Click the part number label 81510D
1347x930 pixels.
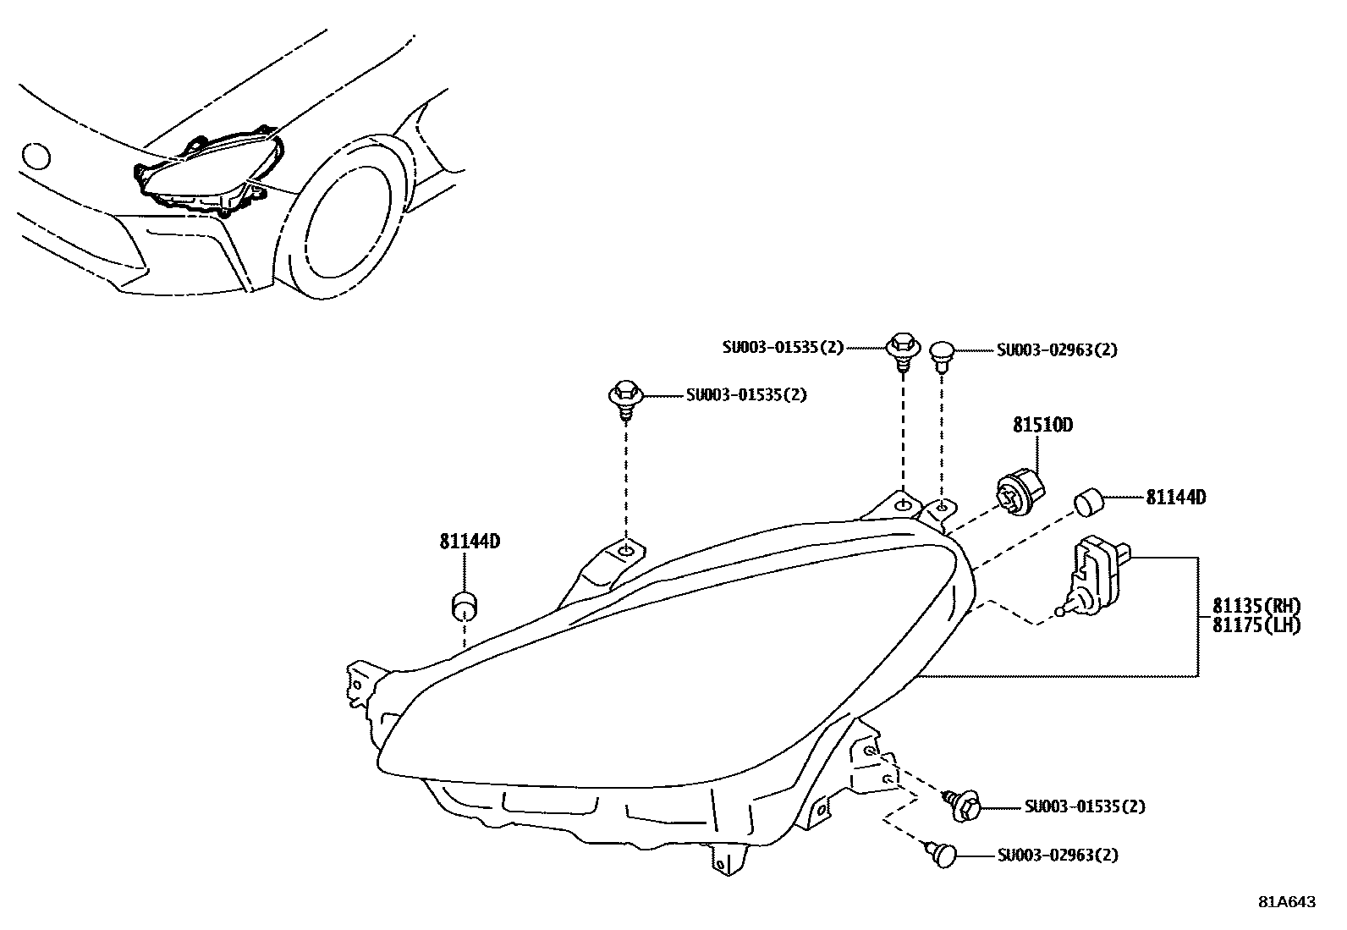pos(1042,426)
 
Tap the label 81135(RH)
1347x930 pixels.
pos(1255,606)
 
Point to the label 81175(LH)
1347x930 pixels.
pos(1255,625)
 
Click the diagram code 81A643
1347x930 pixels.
pos(1287,902)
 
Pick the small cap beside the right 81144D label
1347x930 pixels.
pos(1091,502)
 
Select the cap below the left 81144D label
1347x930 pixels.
pos(464,605)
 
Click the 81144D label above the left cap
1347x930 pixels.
pos(470,541)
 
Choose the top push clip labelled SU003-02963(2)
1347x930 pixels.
pos(942,354)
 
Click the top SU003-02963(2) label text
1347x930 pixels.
pos(1057,350)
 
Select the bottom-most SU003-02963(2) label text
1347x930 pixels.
pos(1057,856)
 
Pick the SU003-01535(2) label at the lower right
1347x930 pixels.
pos(1084,806)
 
